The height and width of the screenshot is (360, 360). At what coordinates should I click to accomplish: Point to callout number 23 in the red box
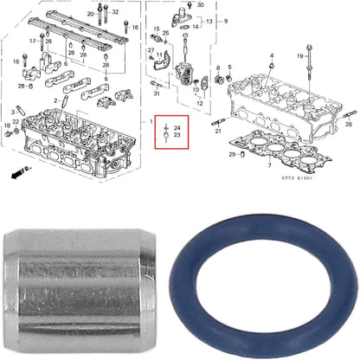click(177, 135)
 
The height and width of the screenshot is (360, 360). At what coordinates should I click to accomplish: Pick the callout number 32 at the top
click(115, 13)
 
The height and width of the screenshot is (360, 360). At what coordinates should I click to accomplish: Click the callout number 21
click(218, 131)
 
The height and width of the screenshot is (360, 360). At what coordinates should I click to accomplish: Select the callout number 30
click(202, 4)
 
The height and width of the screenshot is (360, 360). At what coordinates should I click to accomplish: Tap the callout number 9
click(226, 21)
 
